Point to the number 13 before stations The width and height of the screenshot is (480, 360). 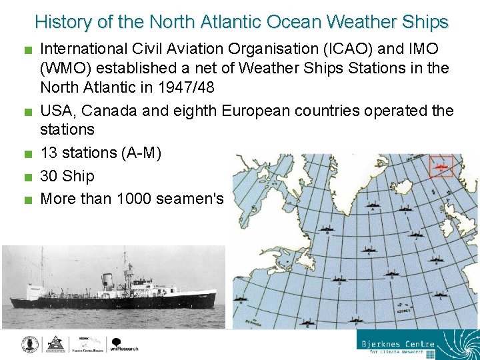tap(49, 153)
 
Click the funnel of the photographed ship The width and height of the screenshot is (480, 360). tap(106, 278)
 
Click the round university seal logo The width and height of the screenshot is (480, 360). tap(29, 343)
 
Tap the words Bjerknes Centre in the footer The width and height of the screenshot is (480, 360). tap(398, 345)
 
